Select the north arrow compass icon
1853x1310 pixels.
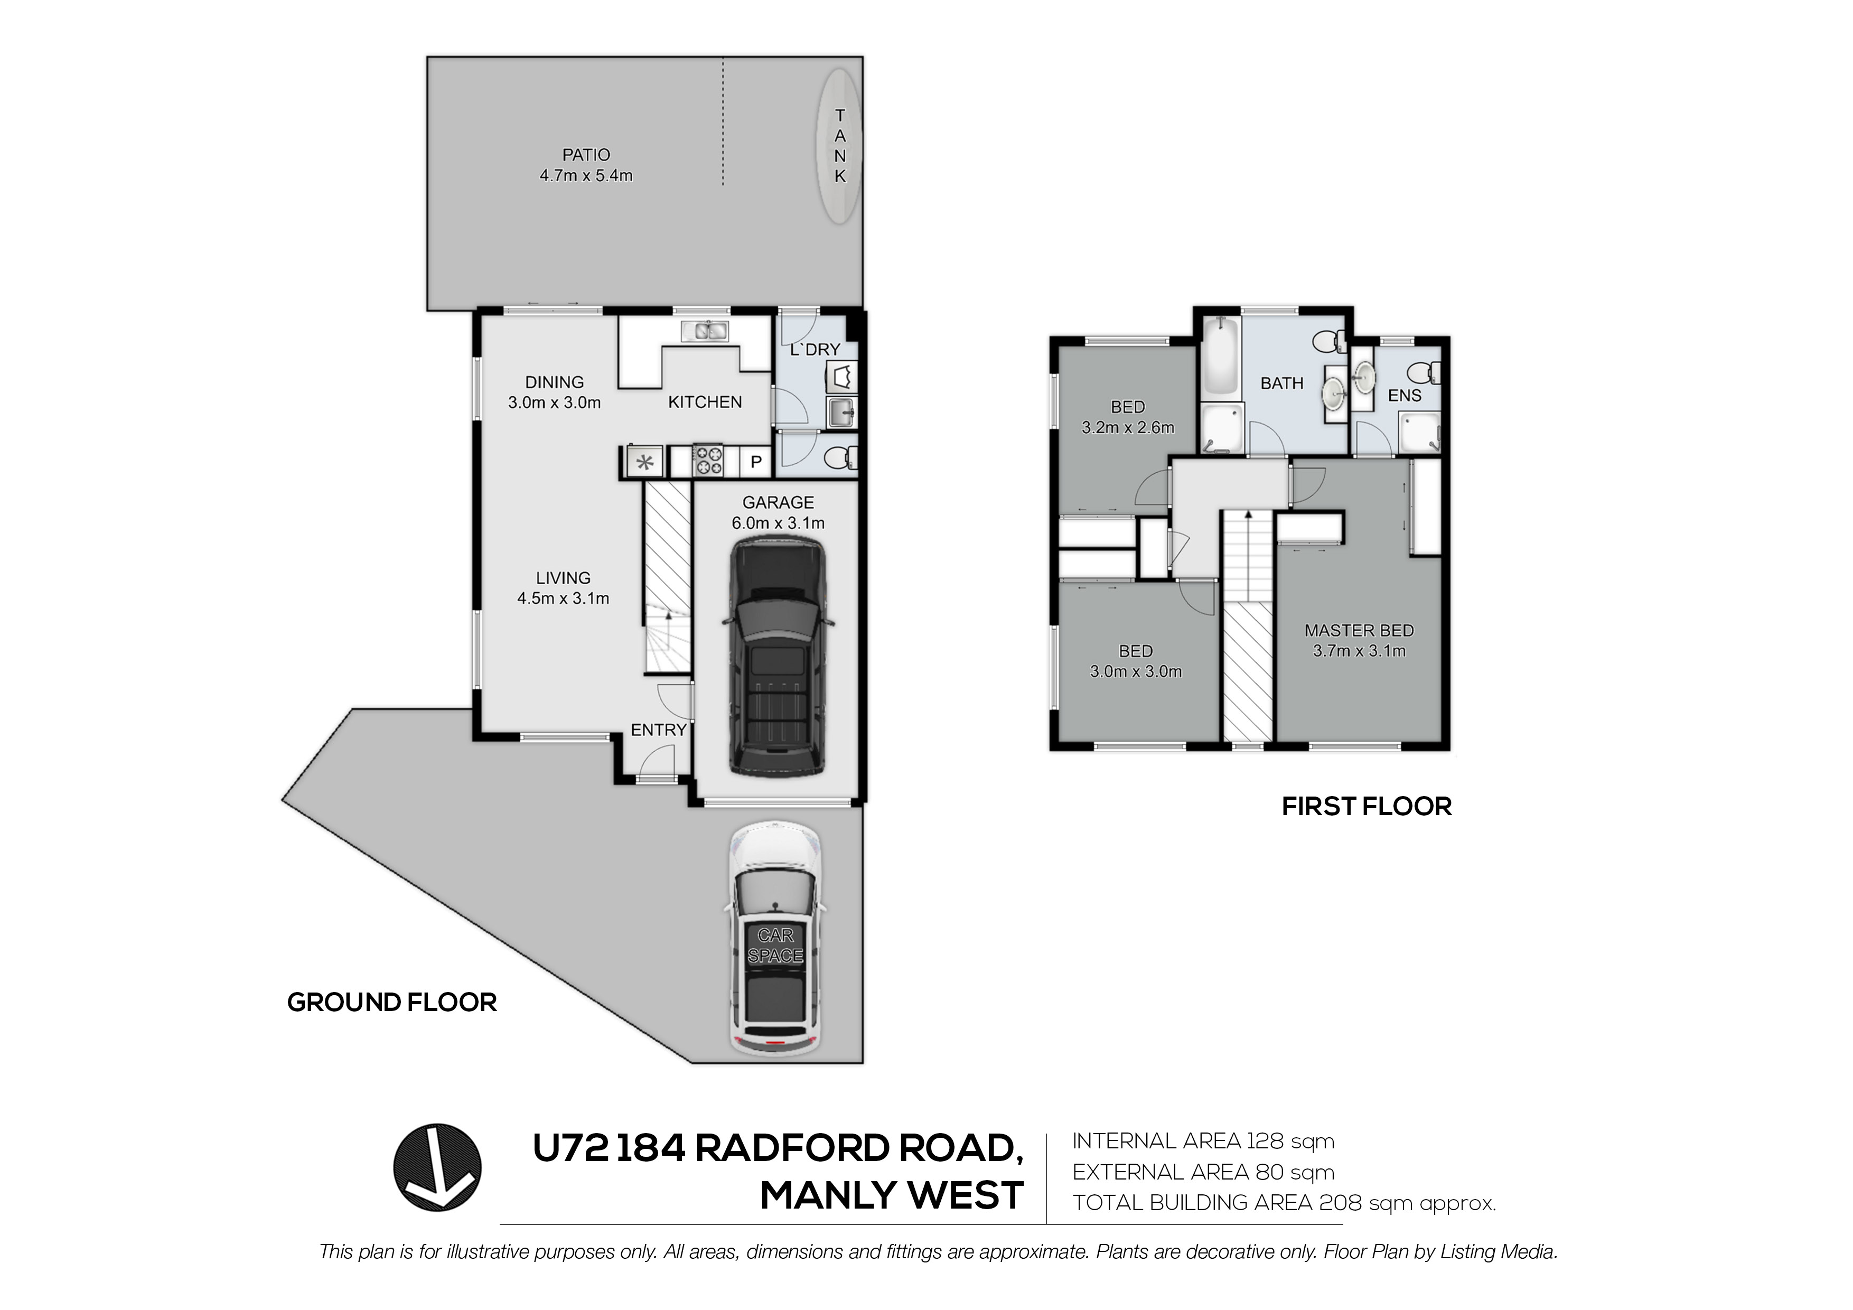pos(437,1167)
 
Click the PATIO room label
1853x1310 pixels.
pos(586,154)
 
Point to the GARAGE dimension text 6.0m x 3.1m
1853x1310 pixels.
pos(778,523)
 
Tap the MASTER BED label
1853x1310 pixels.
pos(1359,630)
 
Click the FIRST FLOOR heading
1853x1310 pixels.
pos(1367,807)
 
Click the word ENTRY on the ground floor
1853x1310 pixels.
pos(659,729)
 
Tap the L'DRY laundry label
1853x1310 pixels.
pos(815,350)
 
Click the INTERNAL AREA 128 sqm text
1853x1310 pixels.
pos(1203,1141)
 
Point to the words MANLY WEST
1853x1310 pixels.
pos(891,1195)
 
